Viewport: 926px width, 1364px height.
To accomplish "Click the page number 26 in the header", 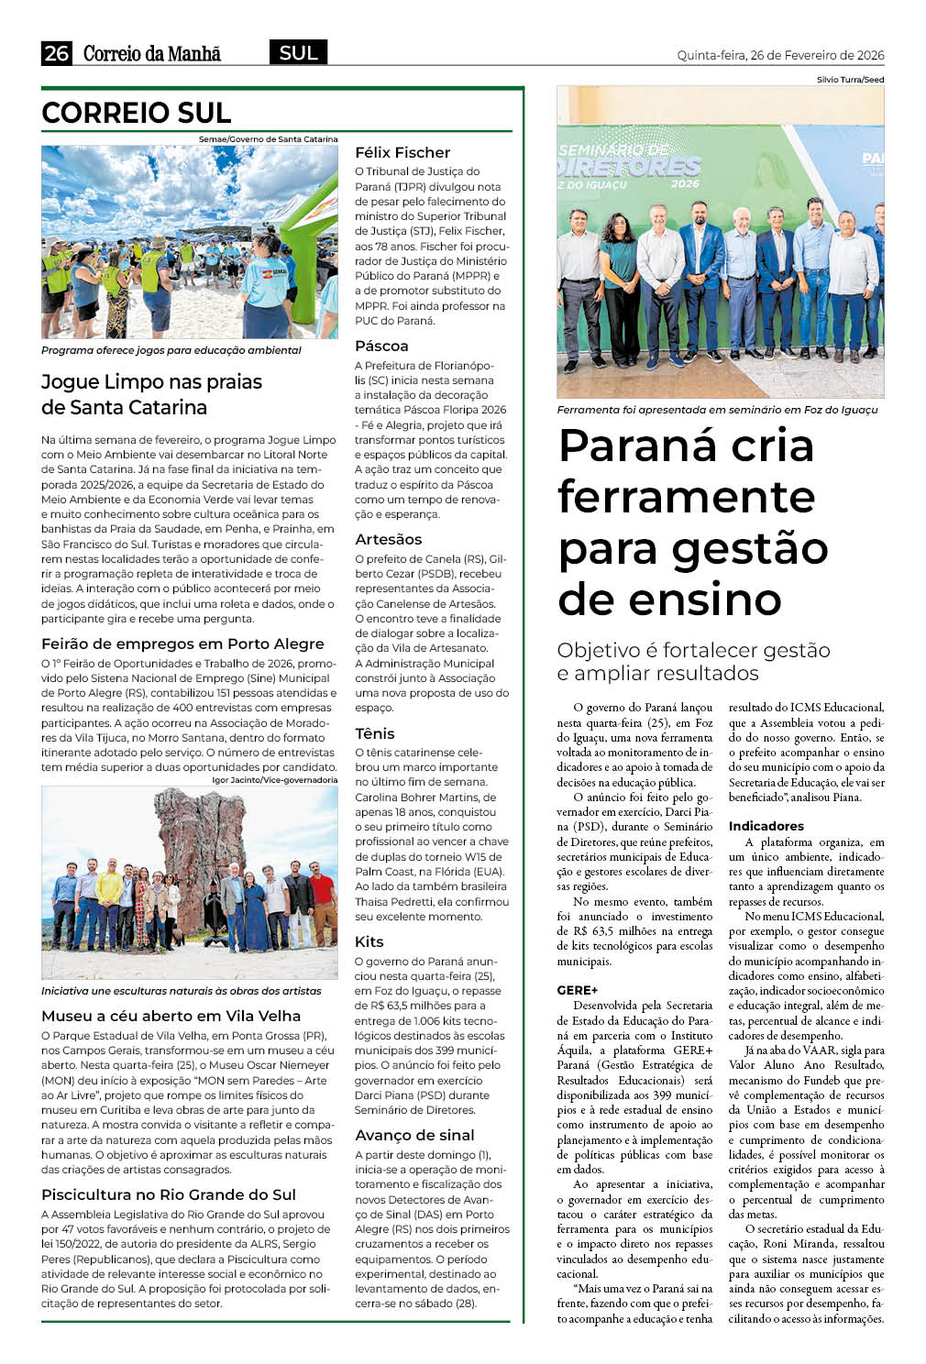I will (x=56, y=53).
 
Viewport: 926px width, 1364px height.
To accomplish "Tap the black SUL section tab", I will (x=298, y=53).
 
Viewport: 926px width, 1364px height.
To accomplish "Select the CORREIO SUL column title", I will (x=136, y=113).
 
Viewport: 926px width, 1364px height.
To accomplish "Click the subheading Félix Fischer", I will (x=402, y=152).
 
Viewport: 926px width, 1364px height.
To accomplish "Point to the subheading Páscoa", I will (x=381, y=346).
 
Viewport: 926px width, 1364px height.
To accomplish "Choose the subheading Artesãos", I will (x=389, y=539).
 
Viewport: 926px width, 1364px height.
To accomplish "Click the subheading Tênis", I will (x=375, y=733).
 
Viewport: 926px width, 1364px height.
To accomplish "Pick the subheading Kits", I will (x=369, y=941).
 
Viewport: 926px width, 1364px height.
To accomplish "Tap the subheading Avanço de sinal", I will (x=414, y=1135).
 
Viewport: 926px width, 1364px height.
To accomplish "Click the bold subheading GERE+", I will (x=577, y=990).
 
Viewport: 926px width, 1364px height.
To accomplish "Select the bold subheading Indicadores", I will (x=766, y=826).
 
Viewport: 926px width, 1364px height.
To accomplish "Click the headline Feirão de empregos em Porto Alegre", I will (x=182, y=643).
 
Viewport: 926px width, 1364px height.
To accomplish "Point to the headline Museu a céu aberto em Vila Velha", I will (x=171, y=1016).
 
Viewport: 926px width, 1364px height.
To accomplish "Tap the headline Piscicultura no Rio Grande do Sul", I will (x=169, y=1194).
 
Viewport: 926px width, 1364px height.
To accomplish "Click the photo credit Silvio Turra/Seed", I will (x=850, y=80).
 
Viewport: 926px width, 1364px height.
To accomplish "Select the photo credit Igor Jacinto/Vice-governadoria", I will (x=274, y=780).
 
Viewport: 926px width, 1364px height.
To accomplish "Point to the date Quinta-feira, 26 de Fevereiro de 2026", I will (x=780, y=55).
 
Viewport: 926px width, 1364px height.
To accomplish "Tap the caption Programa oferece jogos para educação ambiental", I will (x=171, y=350).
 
